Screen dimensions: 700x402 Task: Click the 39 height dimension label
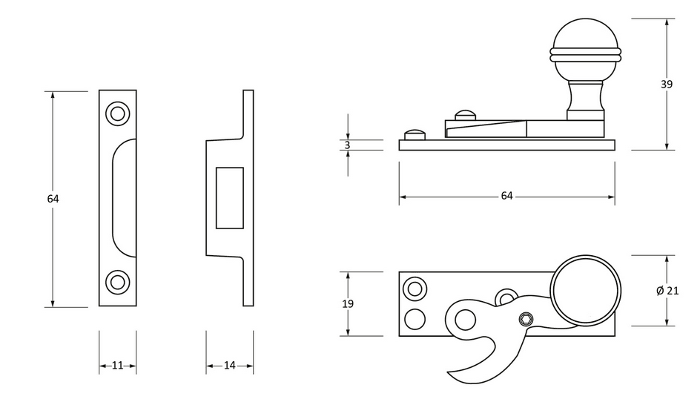click(667, 84)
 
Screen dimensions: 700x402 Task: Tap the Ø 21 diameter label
click(667, 291)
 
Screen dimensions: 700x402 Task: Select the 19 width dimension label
click(348, 304)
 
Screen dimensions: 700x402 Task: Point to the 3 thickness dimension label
click(347, 145)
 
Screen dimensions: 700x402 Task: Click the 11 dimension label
click(117, 366)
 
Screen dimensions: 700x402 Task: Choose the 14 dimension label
click(229, 366)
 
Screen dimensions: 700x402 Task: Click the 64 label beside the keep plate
click(53, 199)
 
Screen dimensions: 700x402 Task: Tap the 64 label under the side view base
click(506, 196)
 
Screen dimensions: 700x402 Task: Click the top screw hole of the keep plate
click(118, 113)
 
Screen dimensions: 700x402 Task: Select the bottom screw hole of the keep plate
click(118, 283)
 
